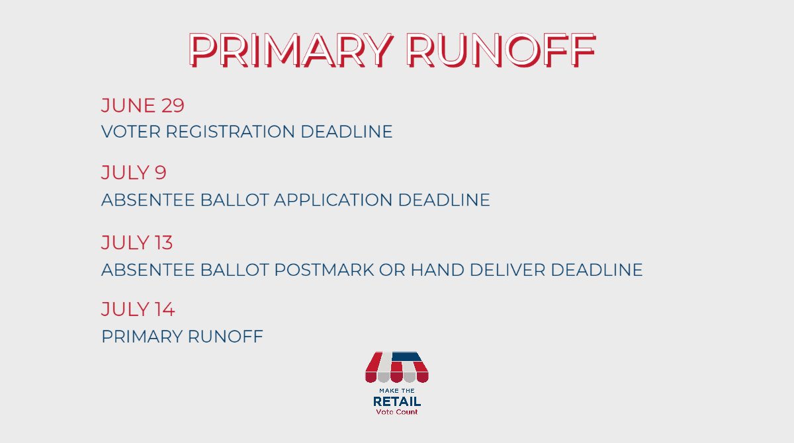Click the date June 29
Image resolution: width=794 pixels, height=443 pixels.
pyautogui.click(x=142, y=105)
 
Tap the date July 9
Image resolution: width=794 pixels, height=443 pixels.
pyautogui.click(x=134, y=173)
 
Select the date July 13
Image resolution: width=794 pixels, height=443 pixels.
pyautogui.click(x=137, y=243)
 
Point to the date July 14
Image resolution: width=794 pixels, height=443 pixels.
pyautogui.click(x=138, y=309)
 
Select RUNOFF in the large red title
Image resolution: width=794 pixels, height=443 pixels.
pyautogui.click(x=501, y=49)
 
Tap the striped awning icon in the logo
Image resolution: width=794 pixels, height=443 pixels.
pyautogui.click(x=397, y=367)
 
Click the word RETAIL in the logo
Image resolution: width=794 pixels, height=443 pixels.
pyautogui.click(x=397, y=401)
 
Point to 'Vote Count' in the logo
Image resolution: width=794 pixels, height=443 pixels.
pyautogui.click(x=397, y=412)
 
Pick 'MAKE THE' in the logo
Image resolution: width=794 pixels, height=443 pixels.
pyautogui.click(x=397, y=391)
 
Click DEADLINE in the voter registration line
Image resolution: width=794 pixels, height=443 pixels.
pyautogui.click(x=346, y=132)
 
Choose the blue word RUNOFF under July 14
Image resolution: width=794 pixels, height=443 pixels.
pyautogui.click(x=226, y=337)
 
